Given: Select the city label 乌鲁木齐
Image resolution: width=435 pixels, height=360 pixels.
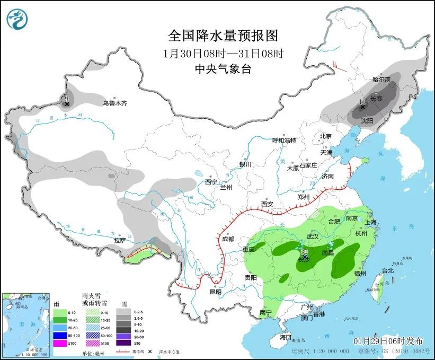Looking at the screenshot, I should point(115,103).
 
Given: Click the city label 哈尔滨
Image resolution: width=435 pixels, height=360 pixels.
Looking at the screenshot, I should point(381,80).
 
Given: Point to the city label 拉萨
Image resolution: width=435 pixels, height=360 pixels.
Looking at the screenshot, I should point(120,240).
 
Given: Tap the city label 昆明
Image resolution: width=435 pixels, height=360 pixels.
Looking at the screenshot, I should point(215,292).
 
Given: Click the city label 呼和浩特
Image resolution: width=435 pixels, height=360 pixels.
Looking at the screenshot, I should point(284,141).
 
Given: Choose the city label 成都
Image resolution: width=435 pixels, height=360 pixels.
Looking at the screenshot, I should point(228,239).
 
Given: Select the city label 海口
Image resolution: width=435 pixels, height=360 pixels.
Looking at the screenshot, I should point(286,337).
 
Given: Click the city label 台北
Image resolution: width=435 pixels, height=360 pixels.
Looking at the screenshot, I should point(388,270).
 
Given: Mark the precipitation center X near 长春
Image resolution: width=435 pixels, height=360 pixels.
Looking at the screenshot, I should point(363,107).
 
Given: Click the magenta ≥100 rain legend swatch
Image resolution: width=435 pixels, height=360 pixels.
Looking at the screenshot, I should point(60,344).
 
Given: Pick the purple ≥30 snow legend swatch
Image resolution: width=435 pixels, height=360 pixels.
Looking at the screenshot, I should point(122,344).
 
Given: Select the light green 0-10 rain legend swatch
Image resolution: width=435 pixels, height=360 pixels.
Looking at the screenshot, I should point(60,313).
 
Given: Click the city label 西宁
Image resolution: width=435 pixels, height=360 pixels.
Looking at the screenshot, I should point(211,182).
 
